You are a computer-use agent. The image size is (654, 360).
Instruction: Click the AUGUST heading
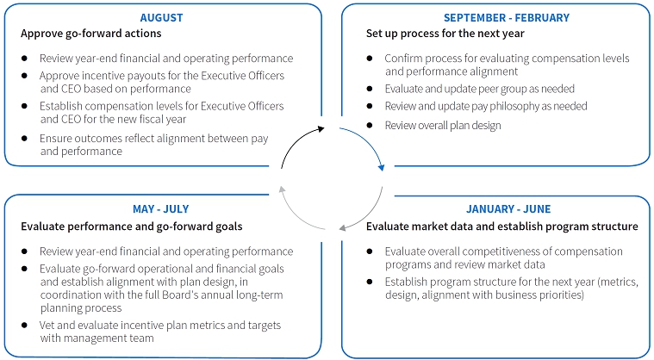pos(161,17)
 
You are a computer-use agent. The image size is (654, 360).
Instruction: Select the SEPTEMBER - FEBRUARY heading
pos(507,17)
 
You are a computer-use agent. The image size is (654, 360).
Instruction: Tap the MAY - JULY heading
pos(160,208)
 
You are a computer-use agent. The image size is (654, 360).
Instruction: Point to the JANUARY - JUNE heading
pos(508,208)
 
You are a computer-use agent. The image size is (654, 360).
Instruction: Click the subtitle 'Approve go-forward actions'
pos(91,34)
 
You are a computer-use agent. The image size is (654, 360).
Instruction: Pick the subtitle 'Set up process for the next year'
pos(445,34)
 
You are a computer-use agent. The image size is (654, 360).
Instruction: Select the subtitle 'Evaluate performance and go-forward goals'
pos(131,227)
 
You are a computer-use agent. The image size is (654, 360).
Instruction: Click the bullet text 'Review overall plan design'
pos(443,126)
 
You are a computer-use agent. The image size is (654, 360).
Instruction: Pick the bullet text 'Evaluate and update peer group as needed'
pos(480,89)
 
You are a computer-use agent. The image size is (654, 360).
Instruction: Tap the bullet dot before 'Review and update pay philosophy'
pos(370,106)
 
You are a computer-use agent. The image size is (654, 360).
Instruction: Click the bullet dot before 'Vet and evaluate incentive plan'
pos(24,325)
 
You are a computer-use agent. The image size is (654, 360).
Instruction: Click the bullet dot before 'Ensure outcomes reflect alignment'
pos(24,138)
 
